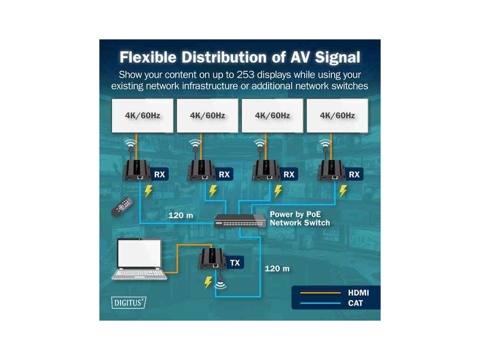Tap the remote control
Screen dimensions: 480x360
[122, 206]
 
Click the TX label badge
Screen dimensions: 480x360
[235, 262]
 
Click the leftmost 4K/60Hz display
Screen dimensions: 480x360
[142, 115]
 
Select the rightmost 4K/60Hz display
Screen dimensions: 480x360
[337, 115]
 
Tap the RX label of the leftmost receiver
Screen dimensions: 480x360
[159, 175]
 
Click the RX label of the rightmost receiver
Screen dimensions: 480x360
[354, 175]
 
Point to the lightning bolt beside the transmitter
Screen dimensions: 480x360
[207, 283]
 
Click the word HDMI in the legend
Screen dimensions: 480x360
[358, 293]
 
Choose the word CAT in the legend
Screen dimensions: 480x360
[355, 303]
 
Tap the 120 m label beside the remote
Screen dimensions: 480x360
[180, 216]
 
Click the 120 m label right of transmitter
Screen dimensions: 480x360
[277, 269]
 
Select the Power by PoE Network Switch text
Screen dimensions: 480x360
[300, 218]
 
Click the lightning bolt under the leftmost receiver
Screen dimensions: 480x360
[148, 191]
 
